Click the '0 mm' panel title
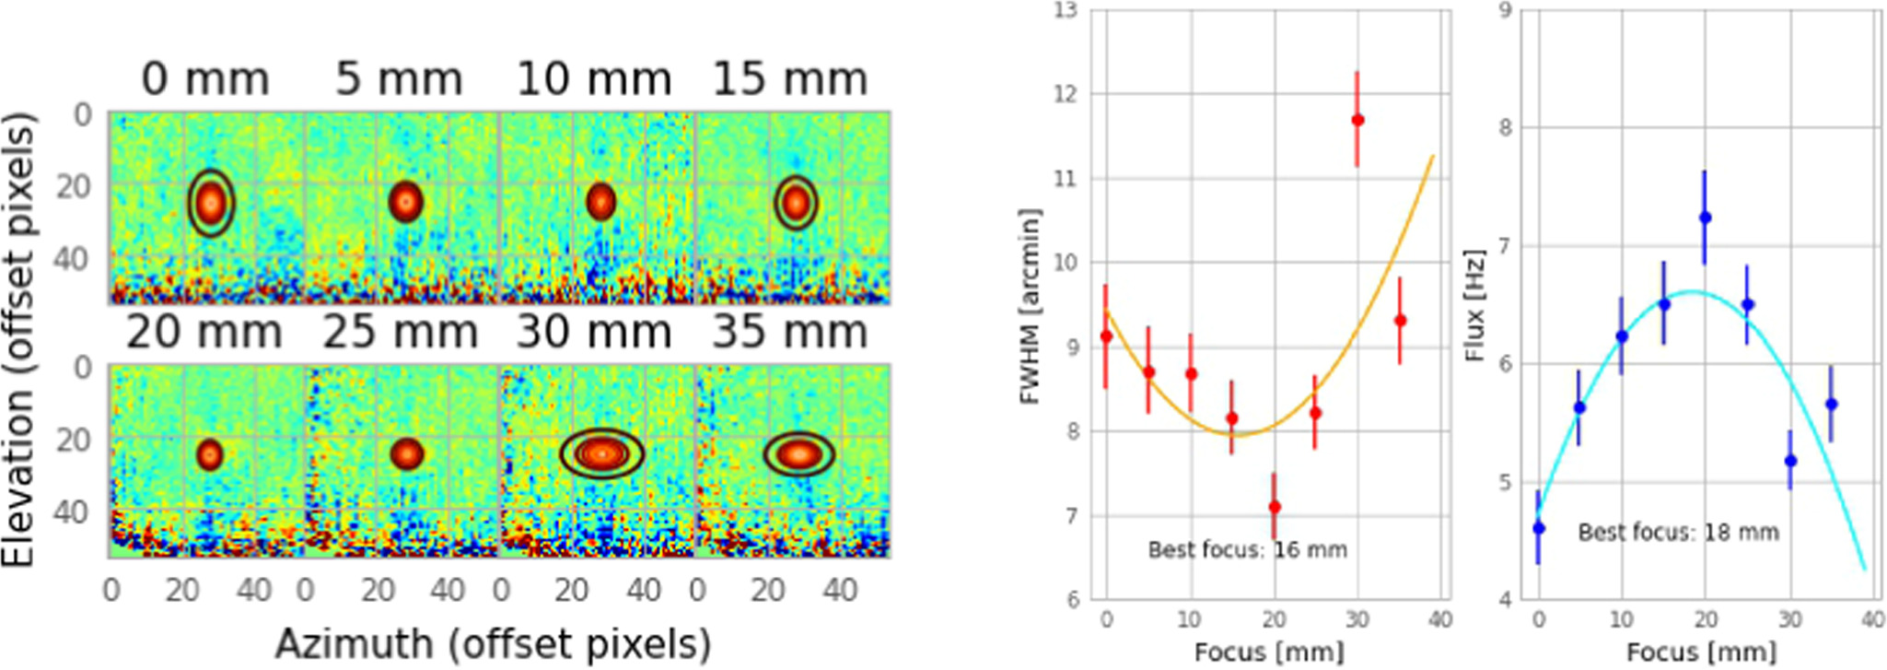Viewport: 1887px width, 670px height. [205, 79]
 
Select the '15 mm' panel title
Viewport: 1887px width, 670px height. [790, 79]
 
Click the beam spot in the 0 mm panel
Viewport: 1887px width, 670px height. [212, 203]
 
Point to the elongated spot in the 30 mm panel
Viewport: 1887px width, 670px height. [601, 453]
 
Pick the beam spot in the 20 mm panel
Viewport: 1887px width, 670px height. [210, 454]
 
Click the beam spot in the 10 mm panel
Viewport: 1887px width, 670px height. [600, 202]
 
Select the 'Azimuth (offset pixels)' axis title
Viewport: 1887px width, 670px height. [493, 644]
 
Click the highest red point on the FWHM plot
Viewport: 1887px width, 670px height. [1357, 120]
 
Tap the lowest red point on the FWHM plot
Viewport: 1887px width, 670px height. [1275, 507]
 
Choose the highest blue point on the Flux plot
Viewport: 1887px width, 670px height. [1706, 217]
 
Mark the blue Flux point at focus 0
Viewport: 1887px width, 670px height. [1538, 528]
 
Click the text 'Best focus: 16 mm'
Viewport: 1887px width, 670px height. [1247, 550]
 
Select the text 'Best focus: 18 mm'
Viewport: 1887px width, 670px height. [1678, 532]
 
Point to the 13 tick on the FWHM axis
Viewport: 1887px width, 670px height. [1066, 11]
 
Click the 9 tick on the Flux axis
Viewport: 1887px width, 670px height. [1505, 11]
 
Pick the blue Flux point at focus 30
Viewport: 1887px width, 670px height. [1790, 461]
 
